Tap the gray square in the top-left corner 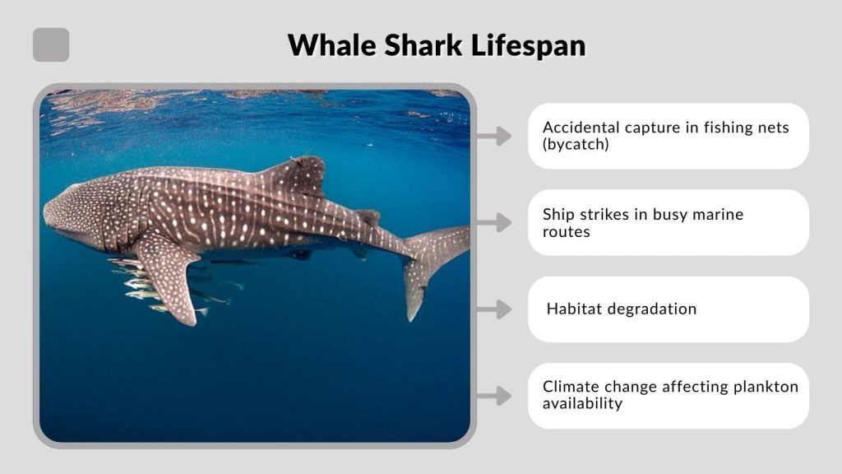[x=51, y=44]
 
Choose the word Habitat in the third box [x=574, y=309]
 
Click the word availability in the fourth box [x=582, y=403]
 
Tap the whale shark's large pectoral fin [x=169, y=276]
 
